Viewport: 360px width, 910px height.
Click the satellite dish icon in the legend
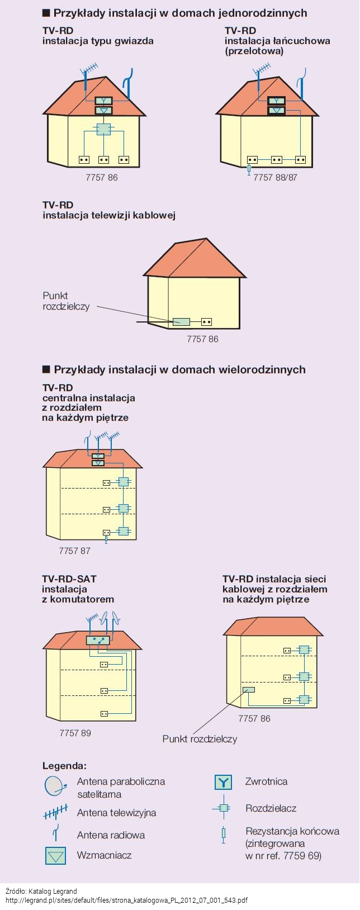[55, 786]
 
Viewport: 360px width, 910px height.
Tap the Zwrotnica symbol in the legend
[223, 782]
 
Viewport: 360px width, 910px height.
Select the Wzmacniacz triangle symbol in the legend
[55, 856]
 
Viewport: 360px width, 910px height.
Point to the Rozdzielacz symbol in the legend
[224, 808]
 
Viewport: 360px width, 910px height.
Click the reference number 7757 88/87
[275, 177]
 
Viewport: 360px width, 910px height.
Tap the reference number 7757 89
[75, 733]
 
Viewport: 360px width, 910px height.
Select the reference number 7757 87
[74, 551]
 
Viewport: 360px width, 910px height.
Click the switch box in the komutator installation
[98, 639]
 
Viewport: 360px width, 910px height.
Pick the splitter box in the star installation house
[103, 129]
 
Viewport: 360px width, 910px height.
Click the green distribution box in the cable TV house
[181, 322]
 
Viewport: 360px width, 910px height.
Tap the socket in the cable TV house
[206, 322]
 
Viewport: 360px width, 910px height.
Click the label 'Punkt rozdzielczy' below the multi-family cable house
[200, 739]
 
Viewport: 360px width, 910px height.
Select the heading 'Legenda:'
[64, 766]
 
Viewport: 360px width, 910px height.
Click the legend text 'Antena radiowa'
[111, 835]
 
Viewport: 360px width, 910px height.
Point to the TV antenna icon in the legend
[55, 812]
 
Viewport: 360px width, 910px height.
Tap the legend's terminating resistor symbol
[224, 833]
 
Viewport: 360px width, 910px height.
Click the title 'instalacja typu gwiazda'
[98, 41]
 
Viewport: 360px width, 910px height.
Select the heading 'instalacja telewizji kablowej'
[109, 215]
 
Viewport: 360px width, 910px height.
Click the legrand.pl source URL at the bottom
[126, 900]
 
